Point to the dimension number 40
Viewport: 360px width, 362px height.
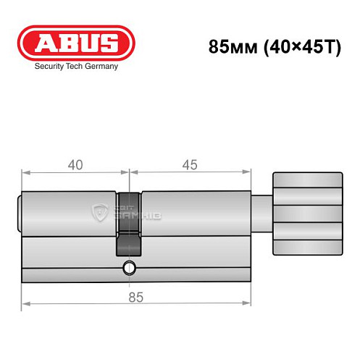click(75, 165)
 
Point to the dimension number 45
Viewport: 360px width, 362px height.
click(190, 165)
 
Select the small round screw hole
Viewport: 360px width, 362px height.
click(129, 268)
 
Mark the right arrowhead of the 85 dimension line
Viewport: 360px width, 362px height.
click(248, 302)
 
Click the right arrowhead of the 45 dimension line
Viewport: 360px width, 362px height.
click(248, 172)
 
